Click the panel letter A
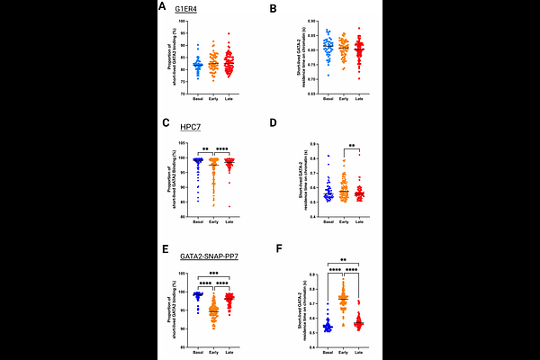point(162,6)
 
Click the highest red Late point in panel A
point(229,33)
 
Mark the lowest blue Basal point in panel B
point(328,76)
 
